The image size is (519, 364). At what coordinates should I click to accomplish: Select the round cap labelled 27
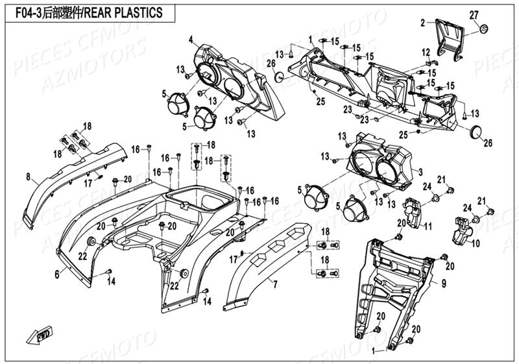click(483, 29)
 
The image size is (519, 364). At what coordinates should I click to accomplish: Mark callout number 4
click(191, 40)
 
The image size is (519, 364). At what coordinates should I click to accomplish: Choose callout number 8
click(28, 176)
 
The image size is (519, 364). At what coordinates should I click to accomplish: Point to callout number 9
click(444, 283)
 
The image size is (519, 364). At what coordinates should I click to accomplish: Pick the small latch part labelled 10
click(465, 230)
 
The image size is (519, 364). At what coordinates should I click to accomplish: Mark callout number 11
click(428, 226)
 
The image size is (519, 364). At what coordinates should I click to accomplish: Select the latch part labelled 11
click(414, 210)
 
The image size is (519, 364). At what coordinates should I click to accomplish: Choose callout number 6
click(56, 275)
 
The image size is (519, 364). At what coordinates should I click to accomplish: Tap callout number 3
click(420, 172)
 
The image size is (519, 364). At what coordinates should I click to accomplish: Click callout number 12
click(426, 52)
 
